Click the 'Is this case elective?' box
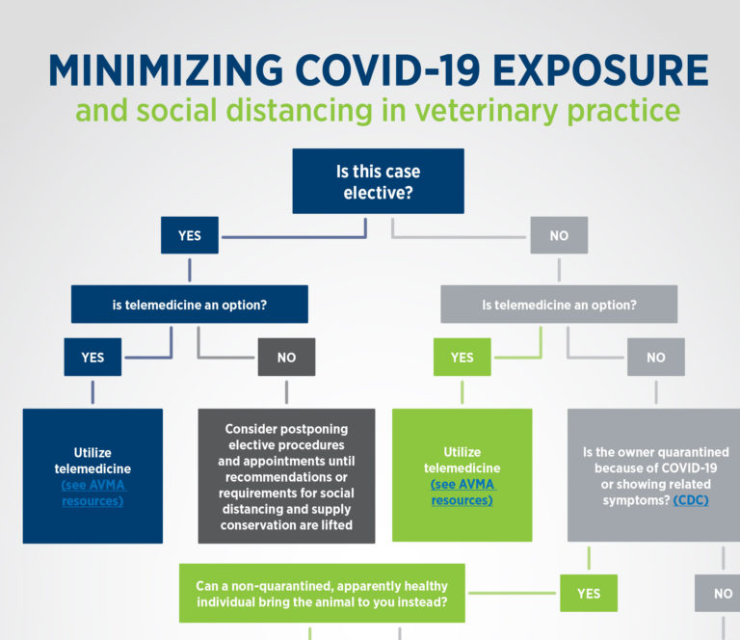(378, 180)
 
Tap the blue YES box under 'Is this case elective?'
(189, 235)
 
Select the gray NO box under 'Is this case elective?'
(559, 235)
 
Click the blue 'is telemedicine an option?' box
(189, 304)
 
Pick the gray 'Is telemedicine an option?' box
(559, 304)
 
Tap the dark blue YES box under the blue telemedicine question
(92, 357)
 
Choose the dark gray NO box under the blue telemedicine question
(286, 357)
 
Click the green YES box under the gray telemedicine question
(462, 357)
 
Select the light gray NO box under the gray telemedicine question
(655, 357)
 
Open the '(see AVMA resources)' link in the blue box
(92, 493)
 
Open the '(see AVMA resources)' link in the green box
(462, 493)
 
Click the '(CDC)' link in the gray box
(691, 501)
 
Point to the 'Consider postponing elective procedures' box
(286, 476)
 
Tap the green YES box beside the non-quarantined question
(589, 593)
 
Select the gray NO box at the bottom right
(722, 593)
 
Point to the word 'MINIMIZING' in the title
(165, 71)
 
